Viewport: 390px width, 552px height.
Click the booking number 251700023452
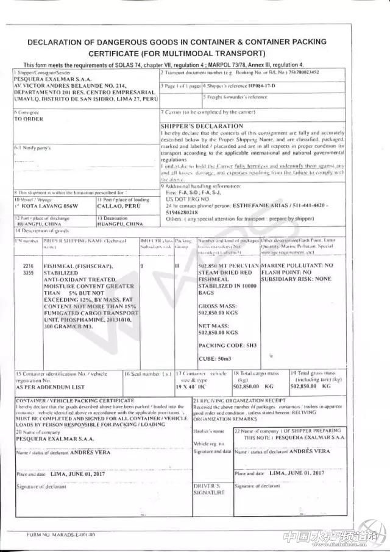(x=302, y=73)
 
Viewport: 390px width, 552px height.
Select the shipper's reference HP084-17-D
(x=258, y=86)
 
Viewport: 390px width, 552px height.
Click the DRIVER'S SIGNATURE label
(x=210, y=489)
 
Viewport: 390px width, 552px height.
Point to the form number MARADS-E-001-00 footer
(x=60, y=534)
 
